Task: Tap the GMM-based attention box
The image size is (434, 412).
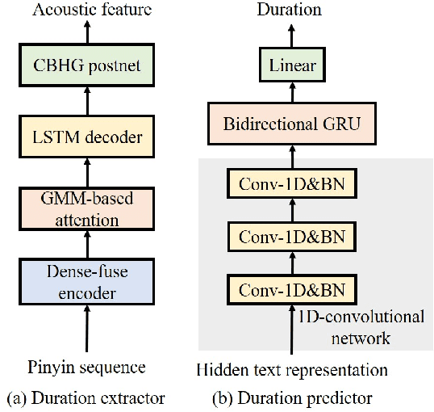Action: (x=86, y=208)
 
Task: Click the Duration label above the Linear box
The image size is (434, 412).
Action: (x=289, y=10)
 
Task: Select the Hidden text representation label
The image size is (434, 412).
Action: (x=292, y=370)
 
